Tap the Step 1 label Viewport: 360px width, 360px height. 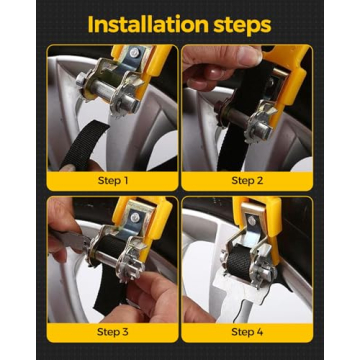(113, 181)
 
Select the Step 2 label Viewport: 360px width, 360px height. (247, 181)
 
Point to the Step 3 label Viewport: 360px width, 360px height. (113, 332)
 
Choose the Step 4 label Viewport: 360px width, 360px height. (247, 332)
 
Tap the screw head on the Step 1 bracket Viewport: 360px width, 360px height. (135, 52)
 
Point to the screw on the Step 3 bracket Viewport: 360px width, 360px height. (135, 217)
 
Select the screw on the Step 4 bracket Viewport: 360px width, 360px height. (252, 221)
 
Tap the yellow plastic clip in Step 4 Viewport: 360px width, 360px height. (263, 220)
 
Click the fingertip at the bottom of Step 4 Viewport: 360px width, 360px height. (197, 311)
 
